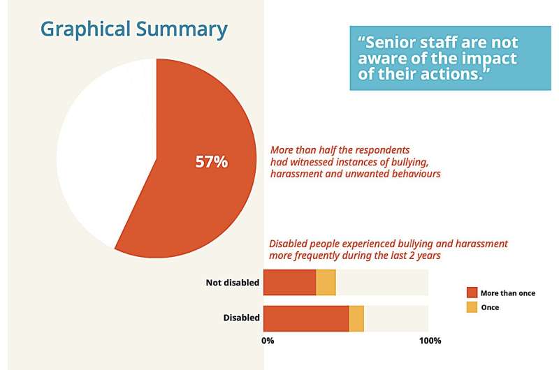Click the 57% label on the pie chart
[x=211, y=162]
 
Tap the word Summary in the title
[x=187, y=29]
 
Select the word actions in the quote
[x=455, y=75]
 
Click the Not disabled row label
[x=233, y=283]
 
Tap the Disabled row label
[x=242, y=318]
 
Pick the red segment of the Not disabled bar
[x=289, y=281]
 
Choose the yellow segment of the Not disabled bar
[x=326, y=281]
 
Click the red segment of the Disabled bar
[x=306, y=318]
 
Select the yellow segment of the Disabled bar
[x=356, y=318]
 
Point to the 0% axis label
[x=268, y=341]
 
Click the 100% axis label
[x=430, y=341]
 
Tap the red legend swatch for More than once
[x=472, y=293]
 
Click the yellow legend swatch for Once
[x=472, y=307]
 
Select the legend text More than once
[x=508, y=293]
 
